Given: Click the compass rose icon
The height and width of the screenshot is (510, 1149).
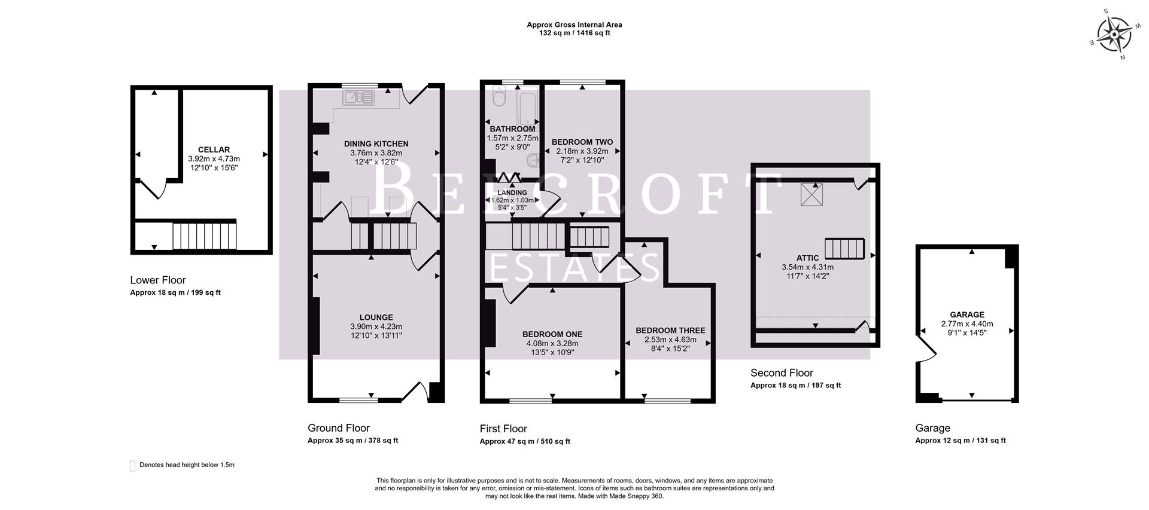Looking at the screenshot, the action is [x=1114, y=35].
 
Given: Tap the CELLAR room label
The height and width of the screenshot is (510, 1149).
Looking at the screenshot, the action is [x=214, y=149].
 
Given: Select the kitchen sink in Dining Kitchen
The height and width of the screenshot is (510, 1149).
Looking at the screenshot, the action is [x=358, y=97].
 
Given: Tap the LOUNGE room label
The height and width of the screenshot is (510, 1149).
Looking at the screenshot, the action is [x=376, y=317].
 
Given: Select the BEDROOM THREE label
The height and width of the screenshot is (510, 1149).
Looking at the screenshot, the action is [x=670, y=331].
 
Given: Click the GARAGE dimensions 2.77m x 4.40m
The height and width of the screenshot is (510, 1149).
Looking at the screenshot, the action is [x=967, y=323].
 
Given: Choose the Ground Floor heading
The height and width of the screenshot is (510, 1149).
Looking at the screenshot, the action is [x=339, y=428].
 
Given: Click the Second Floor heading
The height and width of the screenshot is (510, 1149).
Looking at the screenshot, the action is [x=782, y=373].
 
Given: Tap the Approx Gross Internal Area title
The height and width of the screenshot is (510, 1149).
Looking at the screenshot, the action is [x=574, y=25].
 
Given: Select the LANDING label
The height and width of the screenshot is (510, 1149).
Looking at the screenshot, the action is [x=512, y=193].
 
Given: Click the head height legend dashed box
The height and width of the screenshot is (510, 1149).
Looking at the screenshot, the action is [x=132, y=466].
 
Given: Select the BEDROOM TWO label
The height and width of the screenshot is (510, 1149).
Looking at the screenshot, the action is [x=582, y=142].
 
